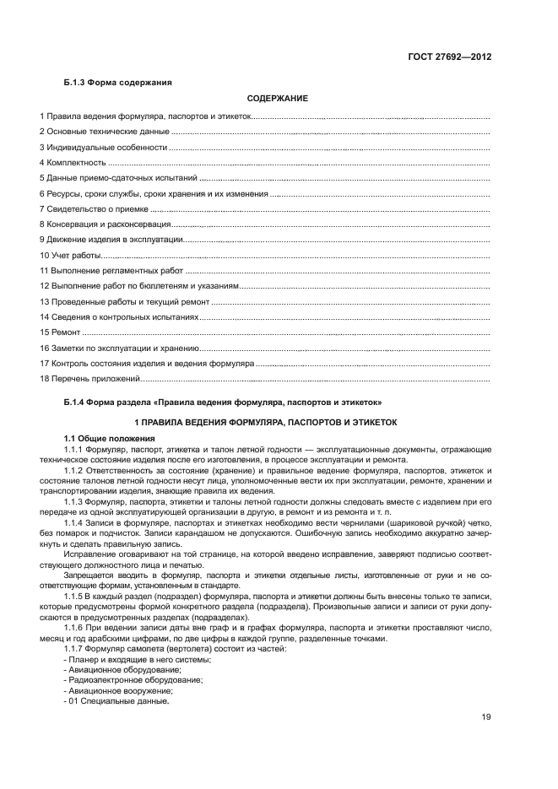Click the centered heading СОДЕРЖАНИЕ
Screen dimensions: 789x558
tap(277, 100)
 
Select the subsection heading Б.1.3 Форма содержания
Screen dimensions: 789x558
tap(118, 82)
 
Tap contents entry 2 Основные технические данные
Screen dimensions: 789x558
tap(105, 132)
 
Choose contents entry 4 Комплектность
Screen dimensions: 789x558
tap(73, 162)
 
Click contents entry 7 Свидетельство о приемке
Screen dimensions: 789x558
tap(95, 208)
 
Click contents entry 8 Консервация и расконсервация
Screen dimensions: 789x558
tap(106, 224)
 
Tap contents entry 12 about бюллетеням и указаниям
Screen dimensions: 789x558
tap(139, 286)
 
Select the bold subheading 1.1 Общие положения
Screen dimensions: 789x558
tap(110, 438)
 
